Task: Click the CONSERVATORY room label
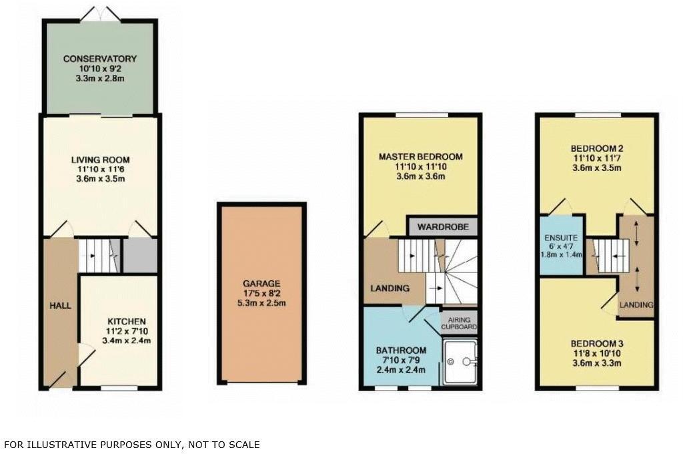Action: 100,59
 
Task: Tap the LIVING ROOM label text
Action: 100,160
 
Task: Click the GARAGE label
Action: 261,283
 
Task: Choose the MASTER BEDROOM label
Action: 420,157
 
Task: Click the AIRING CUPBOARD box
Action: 460,324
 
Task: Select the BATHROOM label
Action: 400,351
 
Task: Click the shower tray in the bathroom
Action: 460,363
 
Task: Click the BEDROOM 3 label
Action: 596,343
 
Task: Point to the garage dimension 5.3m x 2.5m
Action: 261,303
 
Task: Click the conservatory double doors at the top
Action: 100,13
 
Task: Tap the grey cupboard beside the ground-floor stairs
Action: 140,255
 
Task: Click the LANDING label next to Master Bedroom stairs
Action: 390,288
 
